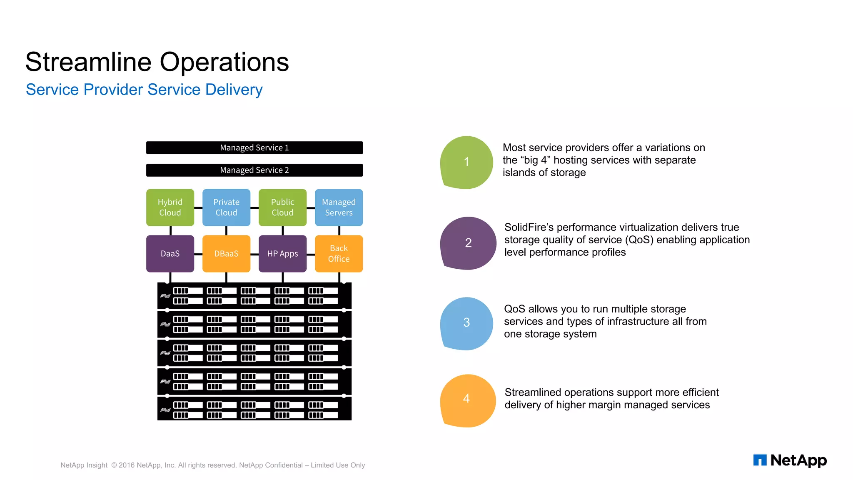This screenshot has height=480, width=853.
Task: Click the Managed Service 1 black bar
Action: coord(254,147)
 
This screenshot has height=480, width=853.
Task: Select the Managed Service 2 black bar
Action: coord(254,170)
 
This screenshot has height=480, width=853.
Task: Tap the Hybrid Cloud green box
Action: coord(170,207)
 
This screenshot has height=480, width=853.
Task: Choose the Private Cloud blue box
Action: coord(226,207)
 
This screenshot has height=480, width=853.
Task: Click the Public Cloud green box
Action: coord(282,207)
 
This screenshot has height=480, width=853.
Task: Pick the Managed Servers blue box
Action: coord(339,207)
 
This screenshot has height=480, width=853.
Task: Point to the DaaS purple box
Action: coord(170,254)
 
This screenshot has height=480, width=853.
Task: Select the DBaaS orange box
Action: coord(226,254)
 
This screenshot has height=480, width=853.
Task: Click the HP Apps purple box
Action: coord(282,254)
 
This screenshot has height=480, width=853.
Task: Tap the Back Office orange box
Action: coord(339,254)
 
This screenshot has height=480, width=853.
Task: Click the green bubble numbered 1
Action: coord(466,162)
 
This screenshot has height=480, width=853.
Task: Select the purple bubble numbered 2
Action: coord(468,243)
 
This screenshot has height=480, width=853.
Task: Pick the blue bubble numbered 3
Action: coord(466,323)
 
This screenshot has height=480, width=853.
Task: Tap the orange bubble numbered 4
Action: coord(467,400)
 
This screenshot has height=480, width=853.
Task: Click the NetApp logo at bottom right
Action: coord(790,460)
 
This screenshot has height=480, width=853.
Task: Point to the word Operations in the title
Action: coord(224,62)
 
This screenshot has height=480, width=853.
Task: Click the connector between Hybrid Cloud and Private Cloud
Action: coord(198,207)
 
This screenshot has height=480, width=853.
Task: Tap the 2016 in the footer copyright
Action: coord(127,465)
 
